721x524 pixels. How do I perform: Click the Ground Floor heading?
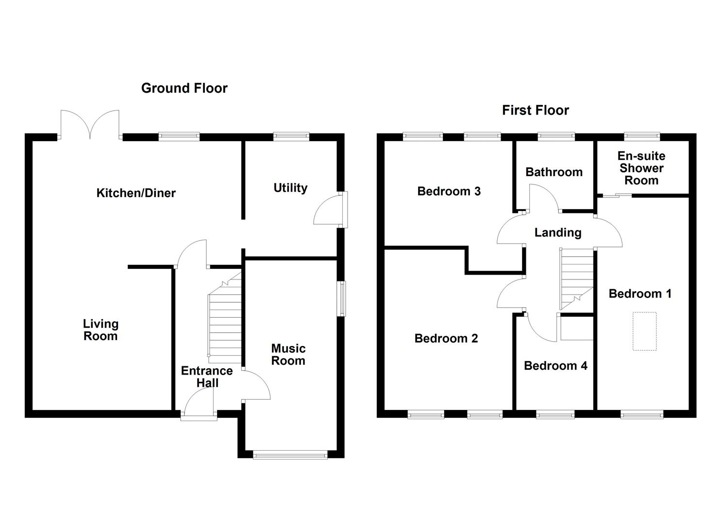[x=184, y=88]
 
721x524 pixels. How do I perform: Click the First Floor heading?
[x=535, y=111]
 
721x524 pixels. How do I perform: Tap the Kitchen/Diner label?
[x=136, y=193]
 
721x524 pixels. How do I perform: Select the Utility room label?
[x=290, y=188]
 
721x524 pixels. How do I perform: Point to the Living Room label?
[x=101, y=330]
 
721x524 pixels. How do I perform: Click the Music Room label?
[x=288, y=355]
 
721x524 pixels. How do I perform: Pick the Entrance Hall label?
[x=207, y=377]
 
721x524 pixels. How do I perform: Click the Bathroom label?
[x=553, y=172]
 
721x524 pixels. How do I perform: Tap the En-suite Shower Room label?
[x=641, y=168]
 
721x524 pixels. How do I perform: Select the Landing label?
[x=557, y=233]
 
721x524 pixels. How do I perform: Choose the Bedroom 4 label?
[x=555, y=366]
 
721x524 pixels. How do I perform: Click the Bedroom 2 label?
[x=446, y=339]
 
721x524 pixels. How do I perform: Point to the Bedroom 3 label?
[x=449, y=192]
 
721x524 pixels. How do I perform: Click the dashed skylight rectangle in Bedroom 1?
[x=644, y=331]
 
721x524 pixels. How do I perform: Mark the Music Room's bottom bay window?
[x=290, y=455]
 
